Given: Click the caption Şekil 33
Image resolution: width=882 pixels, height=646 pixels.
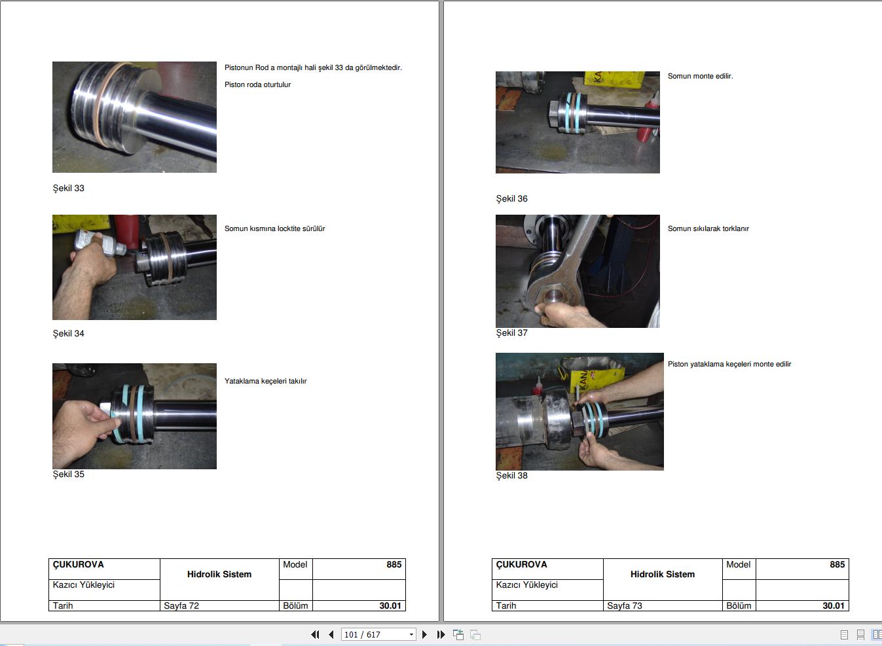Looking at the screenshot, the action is point(69,188).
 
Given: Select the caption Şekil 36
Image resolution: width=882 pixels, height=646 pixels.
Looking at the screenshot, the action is point(511,199).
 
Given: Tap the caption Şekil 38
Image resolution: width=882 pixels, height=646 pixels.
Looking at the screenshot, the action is point(511,476).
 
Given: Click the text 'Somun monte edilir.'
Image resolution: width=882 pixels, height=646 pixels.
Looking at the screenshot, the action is point(700,76).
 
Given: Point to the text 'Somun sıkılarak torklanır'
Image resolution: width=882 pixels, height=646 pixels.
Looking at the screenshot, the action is point(708,228).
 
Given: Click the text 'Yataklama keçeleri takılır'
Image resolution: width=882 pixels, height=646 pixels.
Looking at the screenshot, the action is point(265,381).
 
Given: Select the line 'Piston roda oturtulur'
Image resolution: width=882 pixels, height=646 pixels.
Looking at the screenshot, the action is point(257,84).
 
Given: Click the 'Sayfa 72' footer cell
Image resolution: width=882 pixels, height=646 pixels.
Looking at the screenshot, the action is point(181,605).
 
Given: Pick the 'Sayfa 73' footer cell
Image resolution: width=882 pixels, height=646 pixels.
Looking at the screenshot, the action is point(625,605).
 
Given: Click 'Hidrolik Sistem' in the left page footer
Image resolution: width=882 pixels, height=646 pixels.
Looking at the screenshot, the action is point(219,575).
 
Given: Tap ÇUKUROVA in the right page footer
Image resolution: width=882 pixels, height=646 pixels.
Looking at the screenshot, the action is point(522,564).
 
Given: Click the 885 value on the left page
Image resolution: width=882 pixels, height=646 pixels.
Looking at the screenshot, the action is point(394,564).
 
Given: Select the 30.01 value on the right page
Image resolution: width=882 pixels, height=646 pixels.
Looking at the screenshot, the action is point(833,605).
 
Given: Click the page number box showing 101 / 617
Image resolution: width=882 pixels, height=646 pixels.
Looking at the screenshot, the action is point(378,634).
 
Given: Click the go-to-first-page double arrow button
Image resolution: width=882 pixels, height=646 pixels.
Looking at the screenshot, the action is point(315,634).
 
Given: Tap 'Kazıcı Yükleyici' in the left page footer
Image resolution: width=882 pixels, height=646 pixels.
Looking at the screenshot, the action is point(83,585).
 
